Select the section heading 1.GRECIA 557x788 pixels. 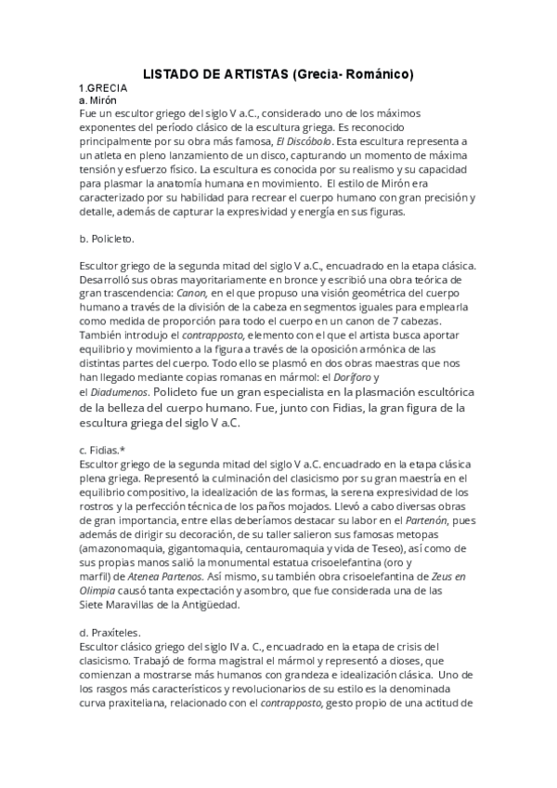tap(104, 88)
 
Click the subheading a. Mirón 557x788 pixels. tap(97, 99)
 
